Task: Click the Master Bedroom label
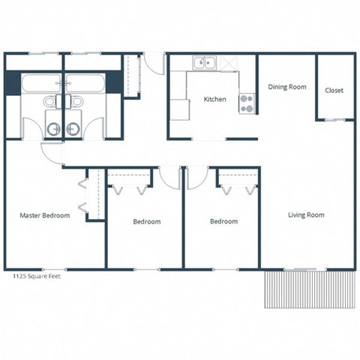point(44,215)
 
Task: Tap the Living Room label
point(306,215)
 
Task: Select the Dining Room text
point(287,87)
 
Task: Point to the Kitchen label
point(216,100)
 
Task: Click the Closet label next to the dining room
point(334,91)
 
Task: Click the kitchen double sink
point(203,64)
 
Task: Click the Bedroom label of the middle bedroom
point(147,222)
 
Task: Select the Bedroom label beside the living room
point(223,222)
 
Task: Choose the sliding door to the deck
point(300,268)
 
